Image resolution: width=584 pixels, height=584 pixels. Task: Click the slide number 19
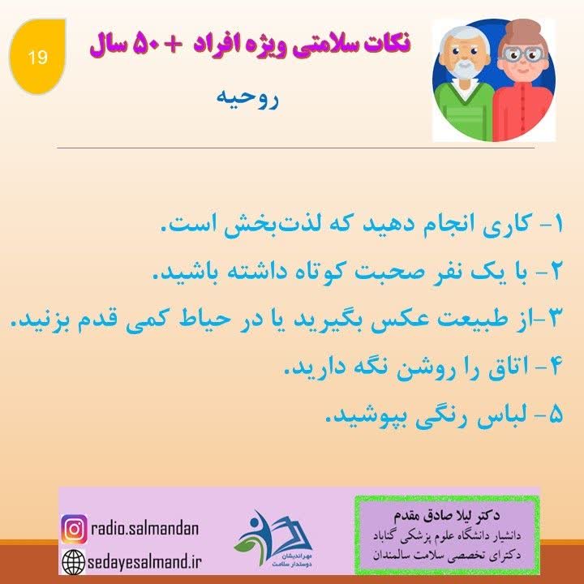point(37,58)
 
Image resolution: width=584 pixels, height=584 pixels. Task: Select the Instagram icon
point(74,529)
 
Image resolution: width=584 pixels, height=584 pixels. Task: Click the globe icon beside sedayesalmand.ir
point(74,561)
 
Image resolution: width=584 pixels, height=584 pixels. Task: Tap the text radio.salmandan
point(143,529)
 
